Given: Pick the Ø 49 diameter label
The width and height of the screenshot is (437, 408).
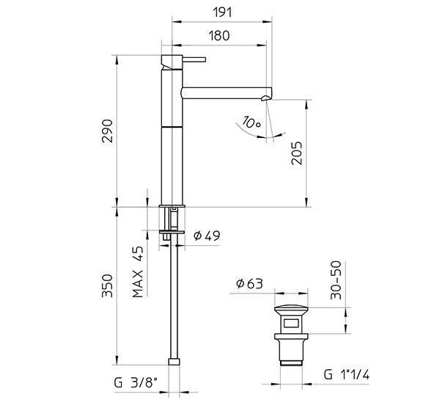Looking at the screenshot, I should point(207,236).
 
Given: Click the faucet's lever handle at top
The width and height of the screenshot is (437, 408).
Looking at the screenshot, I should point(194,59).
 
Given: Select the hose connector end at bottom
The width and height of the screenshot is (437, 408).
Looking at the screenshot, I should point(174,360).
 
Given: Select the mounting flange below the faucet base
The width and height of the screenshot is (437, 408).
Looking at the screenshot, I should point(172,233).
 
